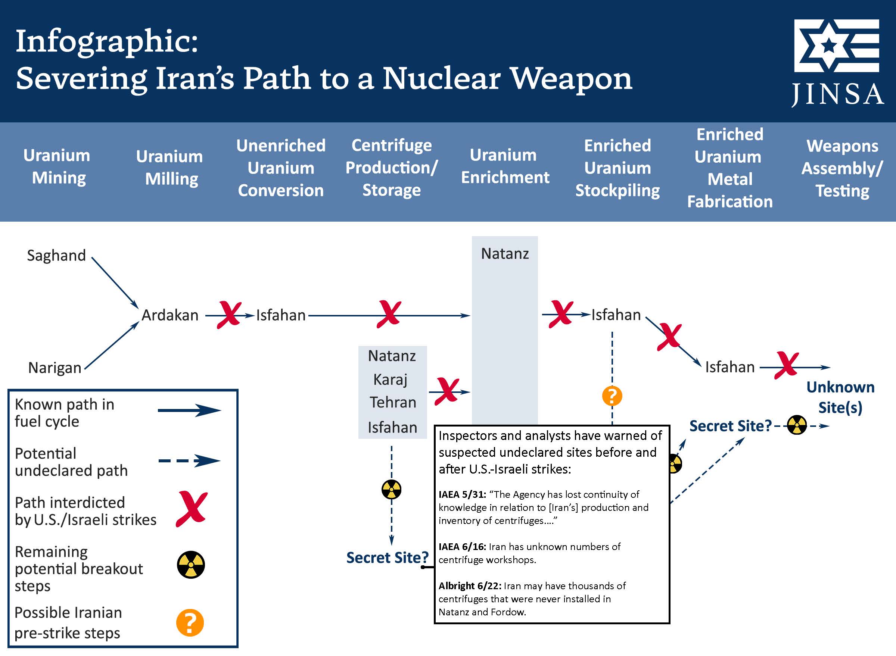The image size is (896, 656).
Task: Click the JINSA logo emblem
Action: pyautogui.click(x=836, y=46)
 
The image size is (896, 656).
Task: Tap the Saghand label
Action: pyautogui.click(x=56, y=255)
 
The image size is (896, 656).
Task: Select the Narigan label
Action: pyautogui.click(x=55, y=368)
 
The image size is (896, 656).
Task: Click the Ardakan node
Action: pyautogui.click(x=170, y=315)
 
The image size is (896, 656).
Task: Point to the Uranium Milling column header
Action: pyautogui.click(x=169, y=168)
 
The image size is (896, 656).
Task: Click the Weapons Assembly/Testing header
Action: pyautogui.click(x=842, y=168)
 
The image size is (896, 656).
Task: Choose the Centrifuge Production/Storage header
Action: pyautogui.click(x=391, y=168)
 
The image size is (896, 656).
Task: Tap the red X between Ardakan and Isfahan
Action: pyautogui.click(x=229, y=315)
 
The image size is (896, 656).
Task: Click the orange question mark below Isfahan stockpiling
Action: pyautogui.click(x=612, y=396)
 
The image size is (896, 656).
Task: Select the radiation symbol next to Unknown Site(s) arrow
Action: pyautogui.click(x=797, y=425)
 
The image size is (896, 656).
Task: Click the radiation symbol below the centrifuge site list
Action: pyautogui.click(x=391, y=489)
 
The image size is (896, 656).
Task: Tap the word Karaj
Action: pyautogui.click(x=391, y=379)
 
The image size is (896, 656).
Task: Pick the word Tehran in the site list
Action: pyautogui.click(x=393, y=403)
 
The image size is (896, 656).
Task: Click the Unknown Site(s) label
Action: pyautogui.click(x=840, y=397)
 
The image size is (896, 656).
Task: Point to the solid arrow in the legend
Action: pyautogui.click(x=189, y=410)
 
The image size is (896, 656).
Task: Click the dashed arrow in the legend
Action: pyautogui.click(x=189, y=460)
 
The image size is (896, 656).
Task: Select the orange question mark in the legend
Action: pyautogui.click(x=190, y=623)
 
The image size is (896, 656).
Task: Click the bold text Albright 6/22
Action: pyautogui.click(x=470, y=586)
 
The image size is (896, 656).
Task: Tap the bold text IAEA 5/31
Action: pyautogui.click(x=462, y=494)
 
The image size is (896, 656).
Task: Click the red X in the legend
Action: pyautogui.click(x=192, y=509)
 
